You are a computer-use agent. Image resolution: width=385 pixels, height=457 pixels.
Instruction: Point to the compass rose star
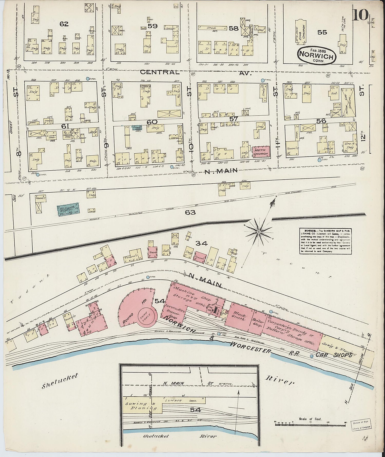pos(259,232)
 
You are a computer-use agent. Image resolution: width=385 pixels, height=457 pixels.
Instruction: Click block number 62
pos(64,24)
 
